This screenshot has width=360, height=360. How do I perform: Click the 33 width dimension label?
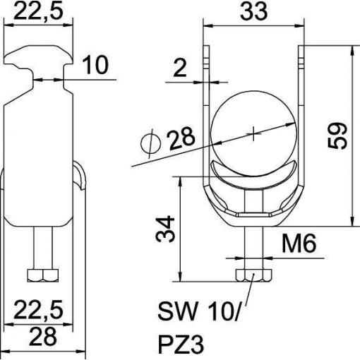253,11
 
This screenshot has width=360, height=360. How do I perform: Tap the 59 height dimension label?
337,136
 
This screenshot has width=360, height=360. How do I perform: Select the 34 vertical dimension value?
165,229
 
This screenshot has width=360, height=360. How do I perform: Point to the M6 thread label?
299,244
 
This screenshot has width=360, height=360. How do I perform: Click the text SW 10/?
199,311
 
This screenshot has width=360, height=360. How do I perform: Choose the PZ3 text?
181,345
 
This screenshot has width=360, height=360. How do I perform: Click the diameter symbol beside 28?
150,143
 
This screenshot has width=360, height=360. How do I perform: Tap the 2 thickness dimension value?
180,68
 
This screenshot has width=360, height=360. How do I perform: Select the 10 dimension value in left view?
95,65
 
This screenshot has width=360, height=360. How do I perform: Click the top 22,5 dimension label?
39,11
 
